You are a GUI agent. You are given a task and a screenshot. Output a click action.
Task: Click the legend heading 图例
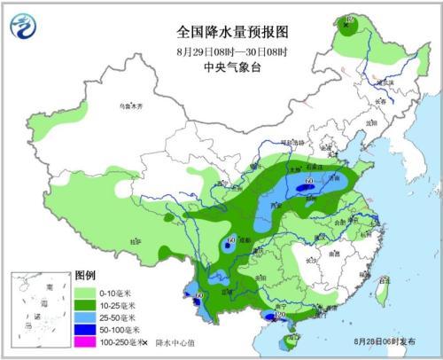(x=84, y=276)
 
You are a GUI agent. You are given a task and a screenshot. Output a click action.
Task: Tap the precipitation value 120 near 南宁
(x=281, y=316)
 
